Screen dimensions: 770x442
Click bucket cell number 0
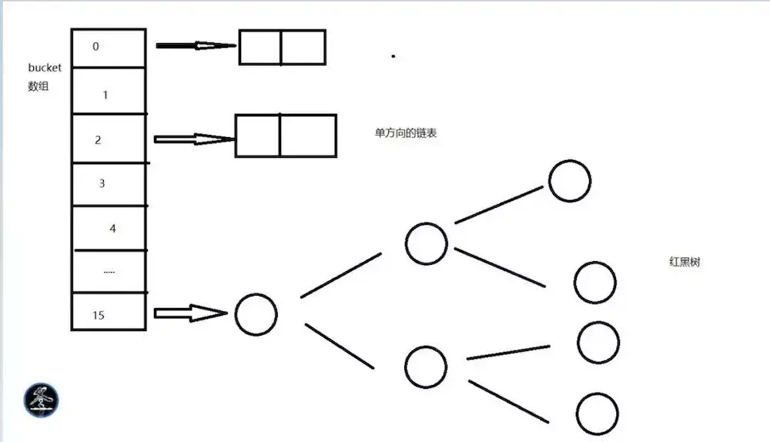[x=108, y=48]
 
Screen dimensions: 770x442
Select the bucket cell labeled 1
[x=108, y=92]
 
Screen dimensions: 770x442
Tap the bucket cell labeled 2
[x=108, y=139]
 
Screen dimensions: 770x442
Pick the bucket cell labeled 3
[x=108, y=184]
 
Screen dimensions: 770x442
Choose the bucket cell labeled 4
[x=108, y=228]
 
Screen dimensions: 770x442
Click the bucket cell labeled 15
[x=108, y=312]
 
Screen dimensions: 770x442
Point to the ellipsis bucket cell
[x=108, y=271]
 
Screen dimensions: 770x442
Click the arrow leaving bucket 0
[x=196, y=46]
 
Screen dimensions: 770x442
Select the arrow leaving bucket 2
[x=194, y=139]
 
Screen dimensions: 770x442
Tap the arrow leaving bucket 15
[x=191, y=313]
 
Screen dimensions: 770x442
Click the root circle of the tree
[x=256, y=314]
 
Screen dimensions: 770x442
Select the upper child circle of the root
[x=427, y=243]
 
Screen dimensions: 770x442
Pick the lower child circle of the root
[x=425, y=367]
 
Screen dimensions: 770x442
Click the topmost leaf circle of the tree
[x=570, y=181]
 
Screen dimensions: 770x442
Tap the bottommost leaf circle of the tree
[x=597, y=414]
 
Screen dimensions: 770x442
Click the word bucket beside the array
[x=45, y=68]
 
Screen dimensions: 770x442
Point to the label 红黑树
[x=685, y=263]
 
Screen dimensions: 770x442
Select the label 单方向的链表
[x=407, y=133]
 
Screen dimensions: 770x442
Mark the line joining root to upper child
[x=340, y=275]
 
